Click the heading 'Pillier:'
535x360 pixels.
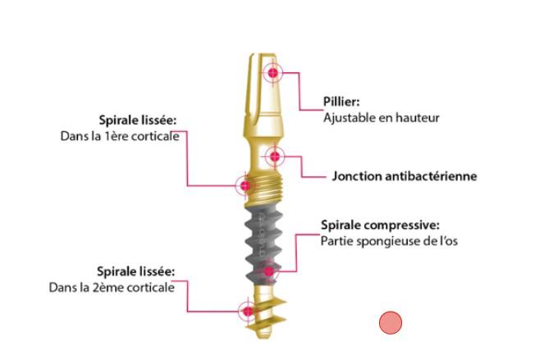pos(341,102)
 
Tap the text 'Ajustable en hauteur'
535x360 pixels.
pos(382,117)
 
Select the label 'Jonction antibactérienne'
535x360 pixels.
pos(405,176)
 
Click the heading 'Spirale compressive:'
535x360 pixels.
pos(379,224)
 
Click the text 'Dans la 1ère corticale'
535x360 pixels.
pos(119,135)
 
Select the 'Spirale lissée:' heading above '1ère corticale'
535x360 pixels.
pos(136,120)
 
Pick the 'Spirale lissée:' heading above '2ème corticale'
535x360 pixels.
pos(136,271)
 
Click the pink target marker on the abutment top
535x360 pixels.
pos(272,73)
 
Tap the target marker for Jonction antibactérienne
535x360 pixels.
pos(274,156)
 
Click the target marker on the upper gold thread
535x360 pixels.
pos(244,185)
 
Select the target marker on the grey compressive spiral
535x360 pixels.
pos(267,271)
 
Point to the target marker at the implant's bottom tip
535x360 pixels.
pos(245,311)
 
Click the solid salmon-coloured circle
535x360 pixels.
pos(391,323)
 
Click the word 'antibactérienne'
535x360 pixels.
pos(432,176)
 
